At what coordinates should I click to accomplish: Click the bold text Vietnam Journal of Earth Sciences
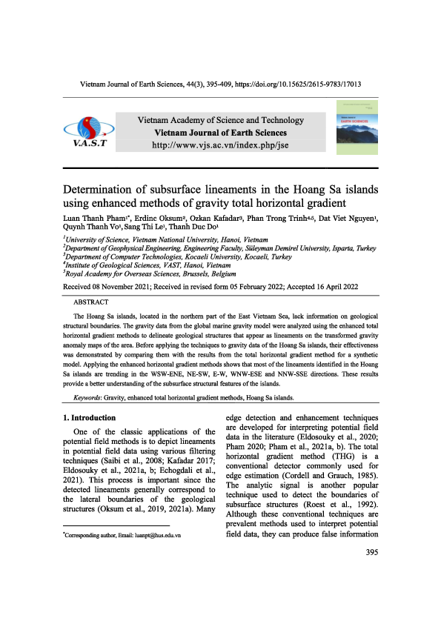(x=220, y=133)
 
